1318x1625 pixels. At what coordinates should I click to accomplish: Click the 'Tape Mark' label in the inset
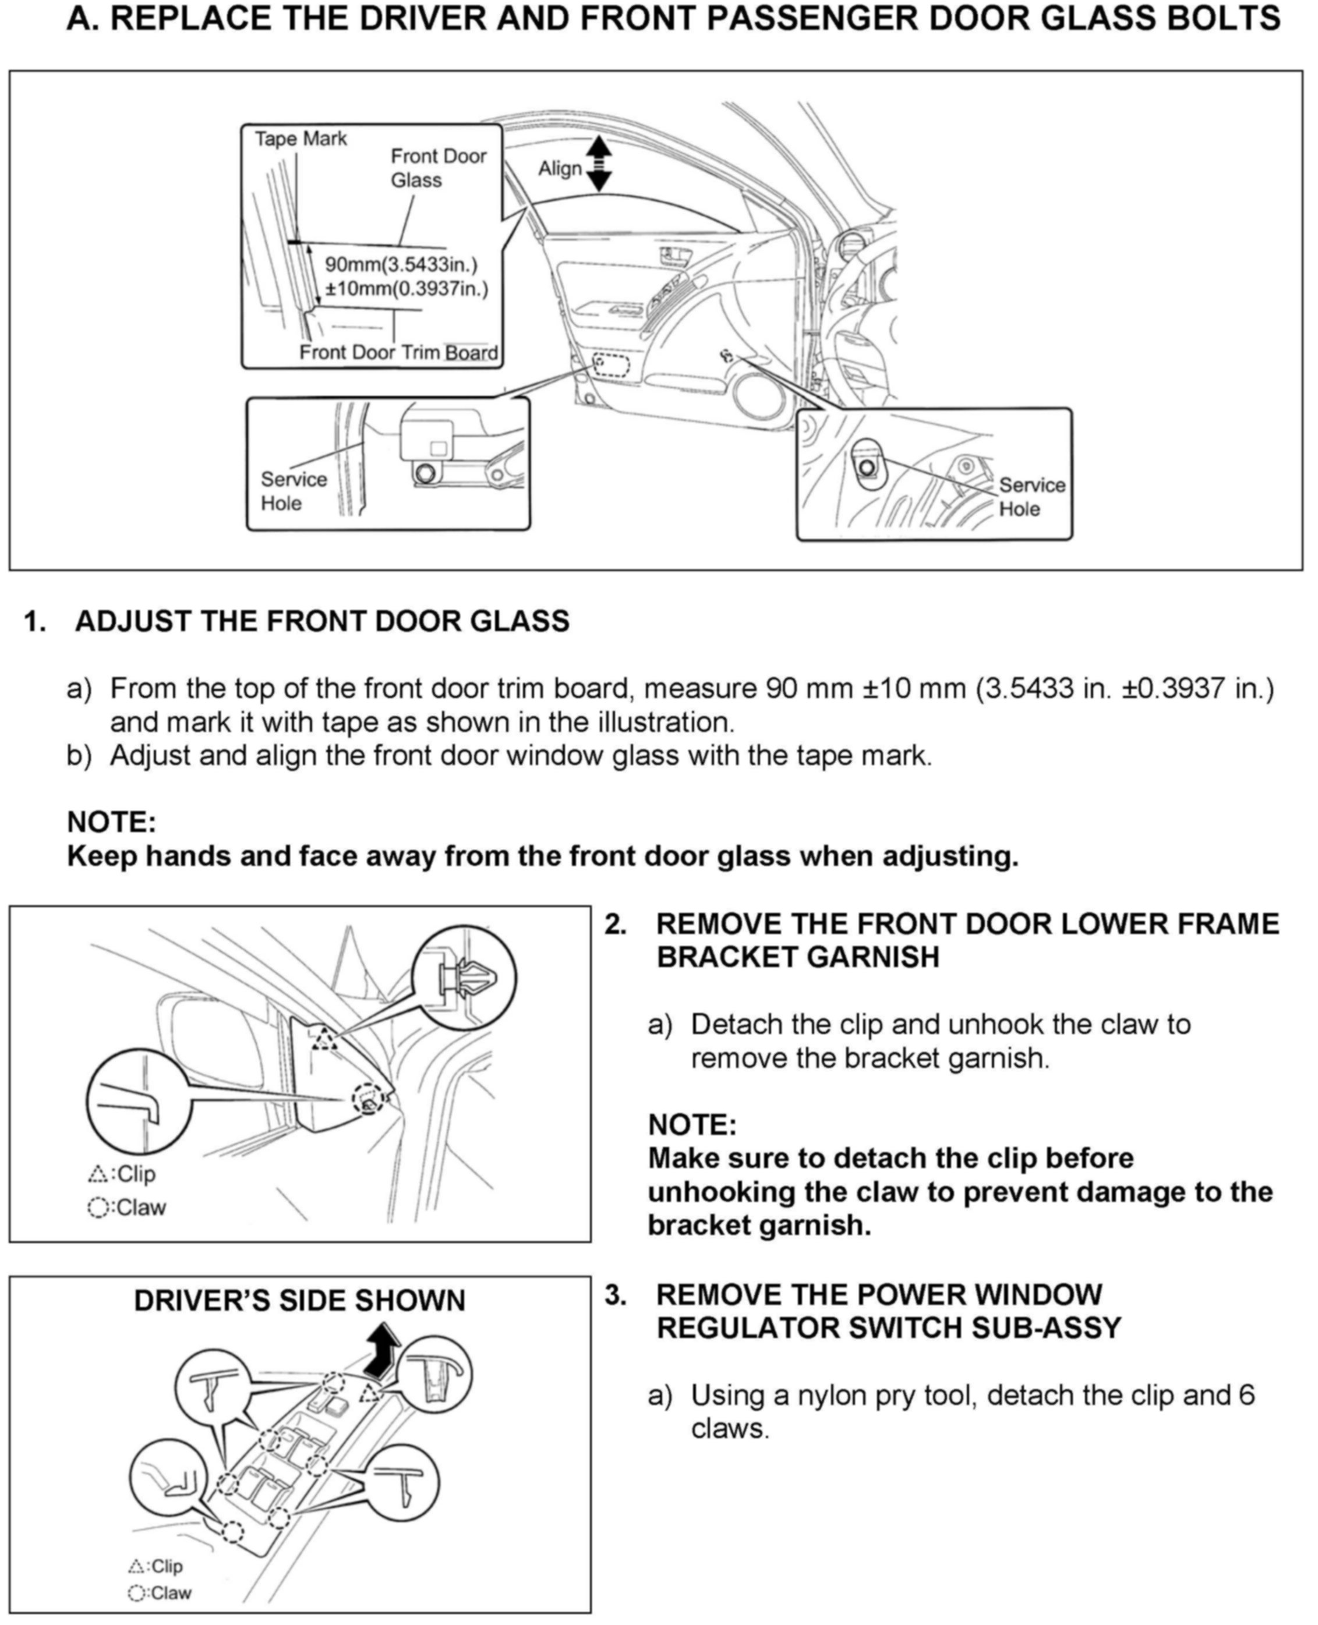301,139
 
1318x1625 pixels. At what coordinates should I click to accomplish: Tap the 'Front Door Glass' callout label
437,168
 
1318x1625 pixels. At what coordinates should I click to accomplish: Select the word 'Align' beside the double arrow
560,168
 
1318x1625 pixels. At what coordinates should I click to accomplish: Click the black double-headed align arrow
599,163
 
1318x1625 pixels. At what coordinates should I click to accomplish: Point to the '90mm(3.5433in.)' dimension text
401,265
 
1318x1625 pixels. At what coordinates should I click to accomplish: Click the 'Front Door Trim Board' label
398,352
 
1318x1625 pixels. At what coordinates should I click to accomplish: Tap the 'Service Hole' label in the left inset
293,491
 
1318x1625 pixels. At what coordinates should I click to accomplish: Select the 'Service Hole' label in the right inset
1031,497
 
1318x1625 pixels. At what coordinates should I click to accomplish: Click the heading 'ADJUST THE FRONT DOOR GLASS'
322,621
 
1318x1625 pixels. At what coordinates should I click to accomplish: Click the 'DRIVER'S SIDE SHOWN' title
299,1300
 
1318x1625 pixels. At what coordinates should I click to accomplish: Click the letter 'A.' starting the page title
83,18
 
